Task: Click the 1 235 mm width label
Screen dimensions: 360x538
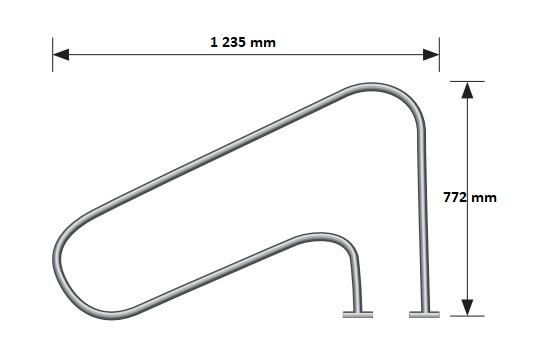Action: pyautogui.click(x=243, y=42)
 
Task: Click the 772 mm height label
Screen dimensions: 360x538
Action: pyautogui.click(x=469, y=198)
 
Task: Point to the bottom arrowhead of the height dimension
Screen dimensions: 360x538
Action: pyautogui.click(x=466, y=309)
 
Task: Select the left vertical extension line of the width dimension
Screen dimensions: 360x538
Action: pyautogui.click(x=52, y=56)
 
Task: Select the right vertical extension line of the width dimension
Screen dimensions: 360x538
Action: pyautogui.click(x=440, y=56)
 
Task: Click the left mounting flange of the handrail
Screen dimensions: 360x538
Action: pyautogui.click(x=357, y=315)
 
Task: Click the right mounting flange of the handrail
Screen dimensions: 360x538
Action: pyautogui.click(x=422, y=315)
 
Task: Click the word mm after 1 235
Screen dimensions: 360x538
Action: pyautogui.click(x=262, y=42)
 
